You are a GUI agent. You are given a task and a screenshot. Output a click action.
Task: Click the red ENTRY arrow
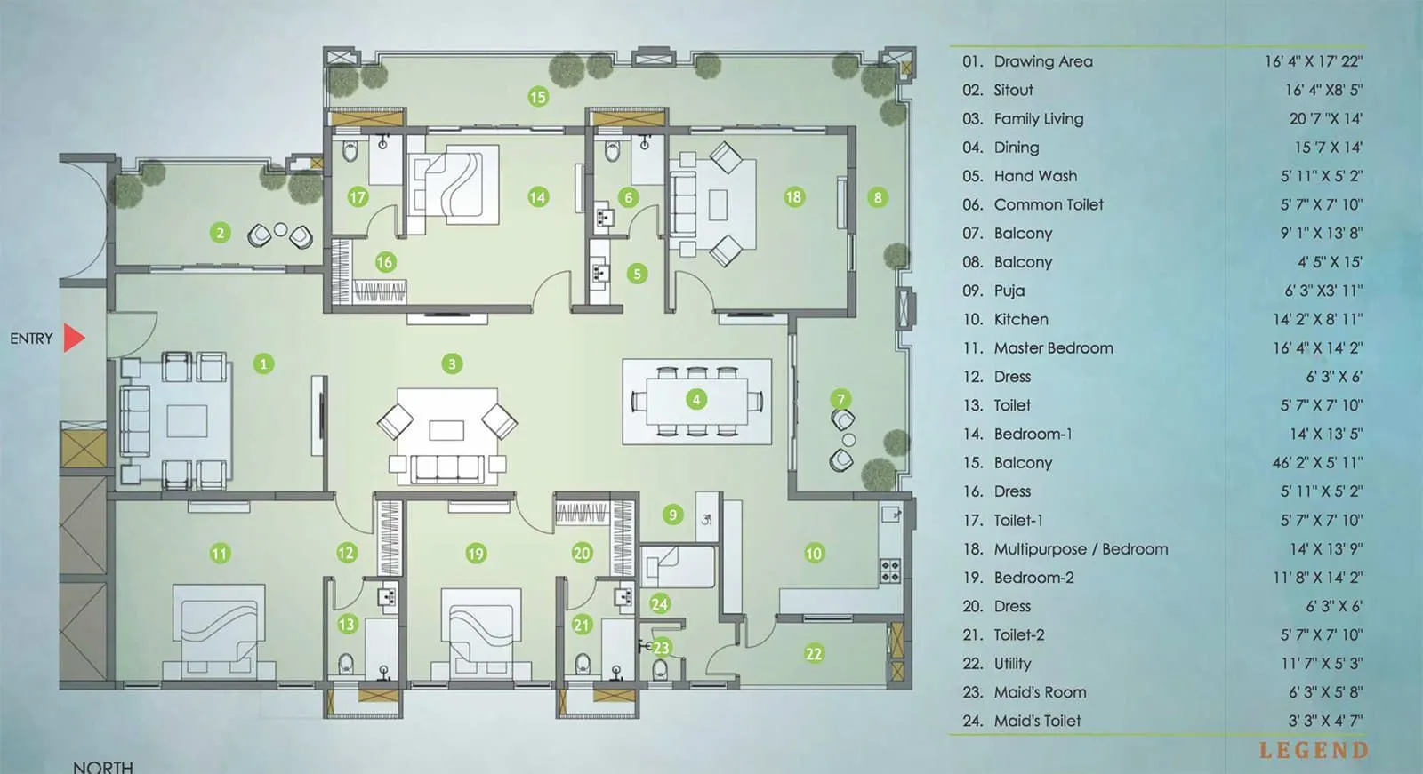[x=74, y=338]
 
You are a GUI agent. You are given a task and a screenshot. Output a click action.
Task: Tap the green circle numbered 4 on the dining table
[x=696, y=399]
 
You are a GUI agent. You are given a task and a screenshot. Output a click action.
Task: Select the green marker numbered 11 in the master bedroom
[x=219, y=554]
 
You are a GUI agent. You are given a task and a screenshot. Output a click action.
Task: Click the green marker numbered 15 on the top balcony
[x=537, y=97]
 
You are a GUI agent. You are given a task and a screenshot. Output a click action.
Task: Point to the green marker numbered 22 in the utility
[x=813, y=654]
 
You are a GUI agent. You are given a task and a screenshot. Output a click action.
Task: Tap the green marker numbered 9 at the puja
[x=672, y=515]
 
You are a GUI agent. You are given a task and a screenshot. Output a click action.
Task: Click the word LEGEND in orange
[x=1314, y=751]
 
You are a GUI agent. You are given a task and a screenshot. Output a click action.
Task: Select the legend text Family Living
[x=1038, y=119]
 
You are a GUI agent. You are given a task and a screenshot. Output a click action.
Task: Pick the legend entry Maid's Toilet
[x=1037, y=721]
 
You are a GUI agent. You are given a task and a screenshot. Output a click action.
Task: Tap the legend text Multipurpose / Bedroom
[x=1081, y=549]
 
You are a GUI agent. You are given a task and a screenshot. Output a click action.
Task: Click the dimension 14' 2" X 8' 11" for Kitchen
[x=1316, y=320]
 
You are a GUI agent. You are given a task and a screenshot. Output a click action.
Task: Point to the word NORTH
[x=103, y=766]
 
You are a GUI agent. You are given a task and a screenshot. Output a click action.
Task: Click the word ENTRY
[x=31, y=339]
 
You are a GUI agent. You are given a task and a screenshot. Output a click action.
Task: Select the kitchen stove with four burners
[x=889, y=571]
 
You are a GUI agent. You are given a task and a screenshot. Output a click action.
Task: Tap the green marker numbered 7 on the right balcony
[x=840, y=399]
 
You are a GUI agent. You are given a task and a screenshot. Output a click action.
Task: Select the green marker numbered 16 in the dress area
[x=384, y=262]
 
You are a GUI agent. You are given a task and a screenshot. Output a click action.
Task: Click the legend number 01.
[x=972, y=62]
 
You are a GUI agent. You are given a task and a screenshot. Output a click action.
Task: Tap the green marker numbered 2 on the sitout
[x=220, y=233]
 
